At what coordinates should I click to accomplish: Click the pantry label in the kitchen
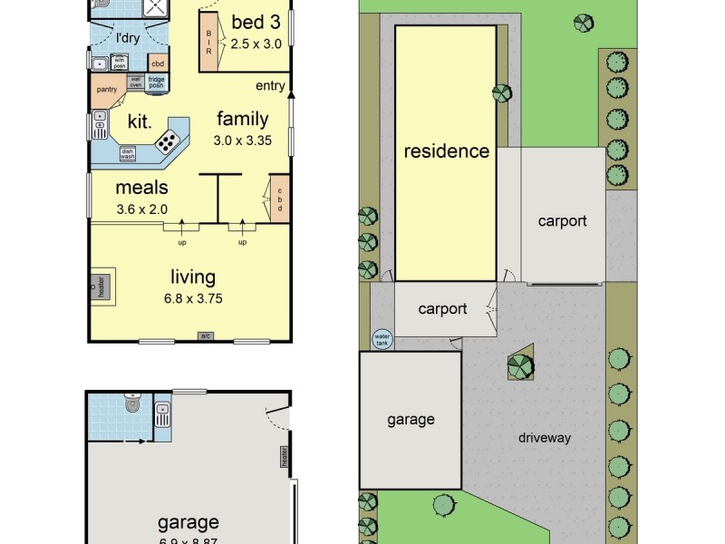point(106,89)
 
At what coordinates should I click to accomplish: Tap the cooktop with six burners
point(168,141)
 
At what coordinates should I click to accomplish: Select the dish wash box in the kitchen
point(128,154)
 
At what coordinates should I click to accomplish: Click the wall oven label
point(135,82)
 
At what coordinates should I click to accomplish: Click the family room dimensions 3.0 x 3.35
point(242,141)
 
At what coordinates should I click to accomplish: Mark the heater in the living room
point(101,287)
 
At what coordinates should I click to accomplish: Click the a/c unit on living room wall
point(206,336)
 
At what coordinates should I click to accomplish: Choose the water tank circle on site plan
point(382,339)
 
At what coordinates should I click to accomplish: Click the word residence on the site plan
point(446,151)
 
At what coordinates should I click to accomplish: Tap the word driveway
point(545,438)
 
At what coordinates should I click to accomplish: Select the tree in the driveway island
point(520,367)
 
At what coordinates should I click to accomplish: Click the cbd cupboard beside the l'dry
point(158,63)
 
